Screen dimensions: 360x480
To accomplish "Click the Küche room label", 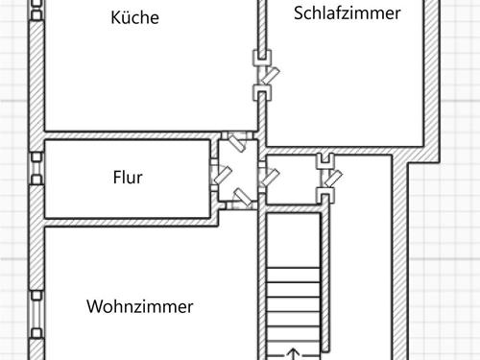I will (x=134, y=18).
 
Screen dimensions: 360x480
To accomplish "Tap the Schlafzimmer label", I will (x=347, y=12).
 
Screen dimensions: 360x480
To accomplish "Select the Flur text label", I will (x=128, y=178).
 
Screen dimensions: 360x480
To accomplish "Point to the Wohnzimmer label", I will (x=140, y=307).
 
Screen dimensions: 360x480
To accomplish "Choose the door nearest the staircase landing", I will (x=327, y=177).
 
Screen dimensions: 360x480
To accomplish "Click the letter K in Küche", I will (x=117, y=18).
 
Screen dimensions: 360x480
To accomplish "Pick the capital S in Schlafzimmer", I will (x=299, y=12).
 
